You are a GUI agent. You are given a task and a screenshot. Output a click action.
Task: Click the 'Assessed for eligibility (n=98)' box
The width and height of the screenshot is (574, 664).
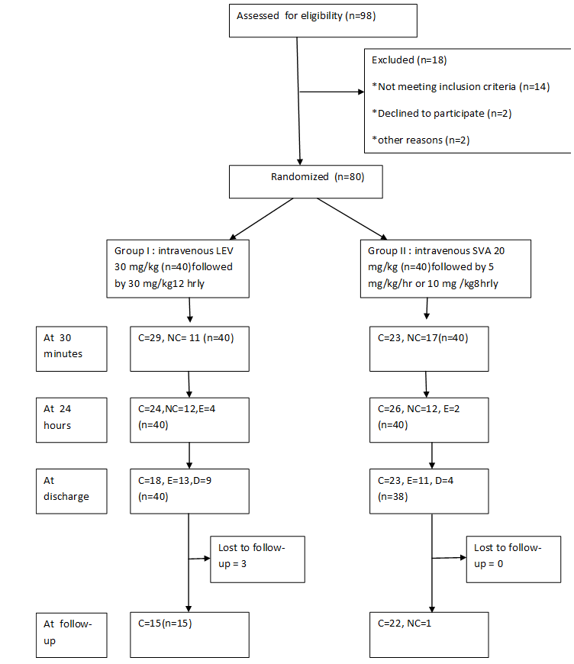click(323, 21)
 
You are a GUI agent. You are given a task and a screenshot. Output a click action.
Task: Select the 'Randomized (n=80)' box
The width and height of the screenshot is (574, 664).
click(306, 182)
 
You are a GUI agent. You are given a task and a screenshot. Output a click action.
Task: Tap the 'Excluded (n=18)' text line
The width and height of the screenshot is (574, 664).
click(409, 60)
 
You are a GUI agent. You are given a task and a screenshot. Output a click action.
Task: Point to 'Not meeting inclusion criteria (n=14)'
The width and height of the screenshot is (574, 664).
click(461, 87)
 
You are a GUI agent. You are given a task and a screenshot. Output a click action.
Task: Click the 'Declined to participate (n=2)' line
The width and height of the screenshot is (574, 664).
click(442, 114)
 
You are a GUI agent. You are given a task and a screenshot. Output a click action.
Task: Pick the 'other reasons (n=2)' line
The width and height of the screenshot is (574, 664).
click(421, 140)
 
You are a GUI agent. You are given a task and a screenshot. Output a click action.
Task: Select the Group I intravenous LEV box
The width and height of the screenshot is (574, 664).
click(178, 269)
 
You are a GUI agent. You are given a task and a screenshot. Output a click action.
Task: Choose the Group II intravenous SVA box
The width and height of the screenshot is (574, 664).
click(446, 269)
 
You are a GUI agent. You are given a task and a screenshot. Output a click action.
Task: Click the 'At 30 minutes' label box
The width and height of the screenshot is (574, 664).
click(72, 349)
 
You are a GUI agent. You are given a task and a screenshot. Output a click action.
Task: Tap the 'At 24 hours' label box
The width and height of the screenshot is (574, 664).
click(72, 420)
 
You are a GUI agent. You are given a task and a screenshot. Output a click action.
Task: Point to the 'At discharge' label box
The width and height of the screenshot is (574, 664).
click(72, 492)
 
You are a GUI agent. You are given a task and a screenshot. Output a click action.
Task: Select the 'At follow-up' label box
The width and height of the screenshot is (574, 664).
click(72, 635)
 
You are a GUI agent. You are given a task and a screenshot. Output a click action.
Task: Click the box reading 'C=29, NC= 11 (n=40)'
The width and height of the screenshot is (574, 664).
click(190, 349)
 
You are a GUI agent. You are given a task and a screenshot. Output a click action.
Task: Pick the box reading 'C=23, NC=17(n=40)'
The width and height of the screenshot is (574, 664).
click(429, 349)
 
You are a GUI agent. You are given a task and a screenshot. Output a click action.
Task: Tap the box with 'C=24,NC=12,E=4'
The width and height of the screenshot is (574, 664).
click(190, 420)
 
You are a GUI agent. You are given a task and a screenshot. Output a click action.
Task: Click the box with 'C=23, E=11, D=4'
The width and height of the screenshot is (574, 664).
click(429, 492)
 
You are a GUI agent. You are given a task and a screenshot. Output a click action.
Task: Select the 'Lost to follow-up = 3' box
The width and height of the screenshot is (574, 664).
click(257, 559)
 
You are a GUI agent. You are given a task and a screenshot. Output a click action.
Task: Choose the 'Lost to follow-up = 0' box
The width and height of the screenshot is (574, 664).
click(514, 559)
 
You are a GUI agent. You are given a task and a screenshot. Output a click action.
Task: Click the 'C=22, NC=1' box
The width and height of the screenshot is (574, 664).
click(429, 635)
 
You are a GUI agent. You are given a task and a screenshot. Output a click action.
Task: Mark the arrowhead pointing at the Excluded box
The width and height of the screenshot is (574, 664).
click(361, 92)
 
